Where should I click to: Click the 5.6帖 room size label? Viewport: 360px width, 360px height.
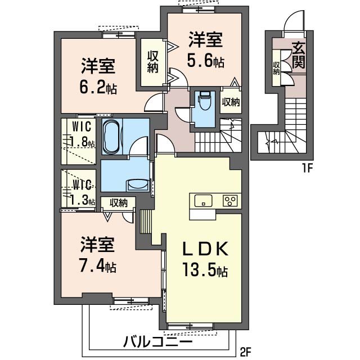(x=205, y=60)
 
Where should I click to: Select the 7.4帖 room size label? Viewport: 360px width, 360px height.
(x=98, y=265)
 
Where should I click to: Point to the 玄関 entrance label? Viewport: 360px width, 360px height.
(x=298, y=56)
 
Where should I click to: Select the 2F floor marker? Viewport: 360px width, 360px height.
(x=245, y=353)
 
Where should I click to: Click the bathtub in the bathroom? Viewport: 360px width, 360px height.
(x=110, y=137)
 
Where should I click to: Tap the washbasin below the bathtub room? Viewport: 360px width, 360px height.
(x=137, y=184)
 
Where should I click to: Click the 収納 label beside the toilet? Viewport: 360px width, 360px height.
(x=231, y=102)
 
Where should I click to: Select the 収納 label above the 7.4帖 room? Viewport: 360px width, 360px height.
(x=119, y=203)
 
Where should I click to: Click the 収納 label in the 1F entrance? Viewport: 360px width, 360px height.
(x=277, y=68)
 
